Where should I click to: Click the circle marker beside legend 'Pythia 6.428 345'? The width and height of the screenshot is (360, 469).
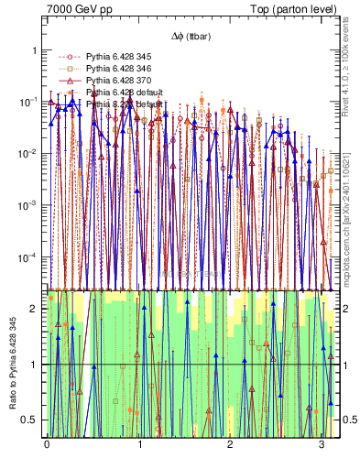pyautogui.click(x=66, y=57)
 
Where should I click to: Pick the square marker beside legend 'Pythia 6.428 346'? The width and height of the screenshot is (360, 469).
pyautogui.click(x=66, y=69)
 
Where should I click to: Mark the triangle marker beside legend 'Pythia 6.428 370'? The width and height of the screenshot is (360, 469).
pyautogui.click(x=66, y=81)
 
